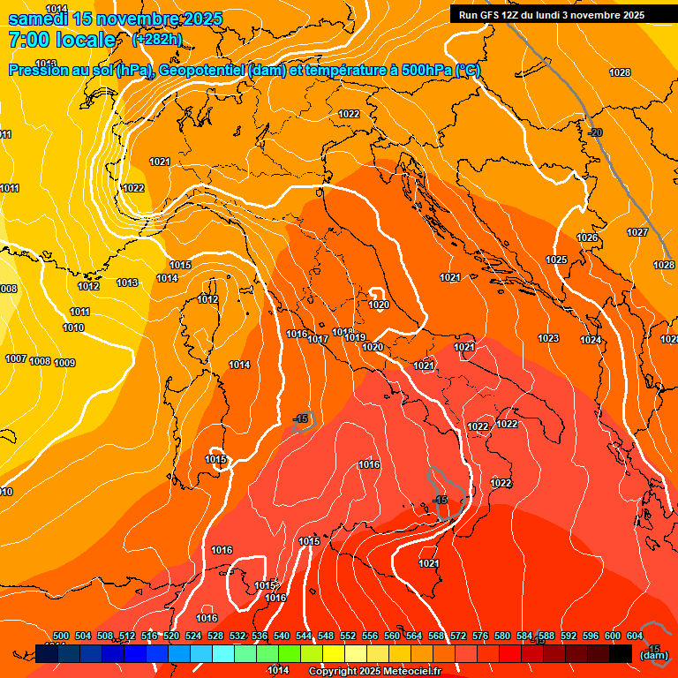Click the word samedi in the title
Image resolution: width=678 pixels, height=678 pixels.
[x=39, y=19]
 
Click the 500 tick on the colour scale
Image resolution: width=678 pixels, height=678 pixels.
[x=61, y=636]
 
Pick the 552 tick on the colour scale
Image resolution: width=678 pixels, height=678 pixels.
[x=348, y=636]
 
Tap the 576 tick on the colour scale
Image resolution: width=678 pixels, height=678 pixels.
[x=480, y=636]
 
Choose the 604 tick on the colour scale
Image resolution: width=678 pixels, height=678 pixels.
[x=635, y=636]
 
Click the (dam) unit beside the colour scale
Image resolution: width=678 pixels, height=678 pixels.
[x=653, y=655]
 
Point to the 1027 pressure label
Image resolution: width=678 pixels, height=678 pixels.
[x=637, y=232]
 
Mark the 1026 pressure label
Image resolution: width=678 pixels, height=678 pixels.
[x=587, y=237]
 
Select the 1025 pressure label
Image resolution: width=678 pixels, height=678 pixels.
[x=556, y=260]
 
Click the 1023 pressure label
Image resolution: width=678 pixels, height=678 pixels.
[x=548, y=338]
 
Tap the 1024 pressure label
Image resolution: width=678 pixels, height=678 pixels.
[x=591, y=340]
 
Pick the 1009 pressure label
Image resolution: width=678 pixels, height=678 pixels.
[x=64, y=363]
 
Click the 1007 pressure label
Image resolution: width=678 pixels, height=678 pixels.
[x=16, y=358]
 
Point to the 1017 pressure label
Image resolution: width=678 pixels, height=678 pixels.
[x=318, y=339]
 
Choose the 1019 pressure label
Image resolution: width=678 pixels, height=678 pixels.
[x=355, y=337]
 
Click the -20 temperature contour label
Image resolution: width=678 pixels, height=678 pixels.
[x=596, y=132]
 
